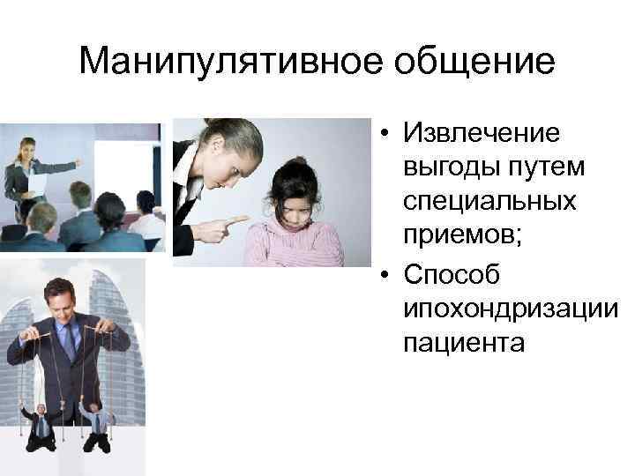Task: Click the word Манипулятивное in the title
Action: [211, 62]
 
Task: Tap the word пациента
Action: [463, 342]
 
